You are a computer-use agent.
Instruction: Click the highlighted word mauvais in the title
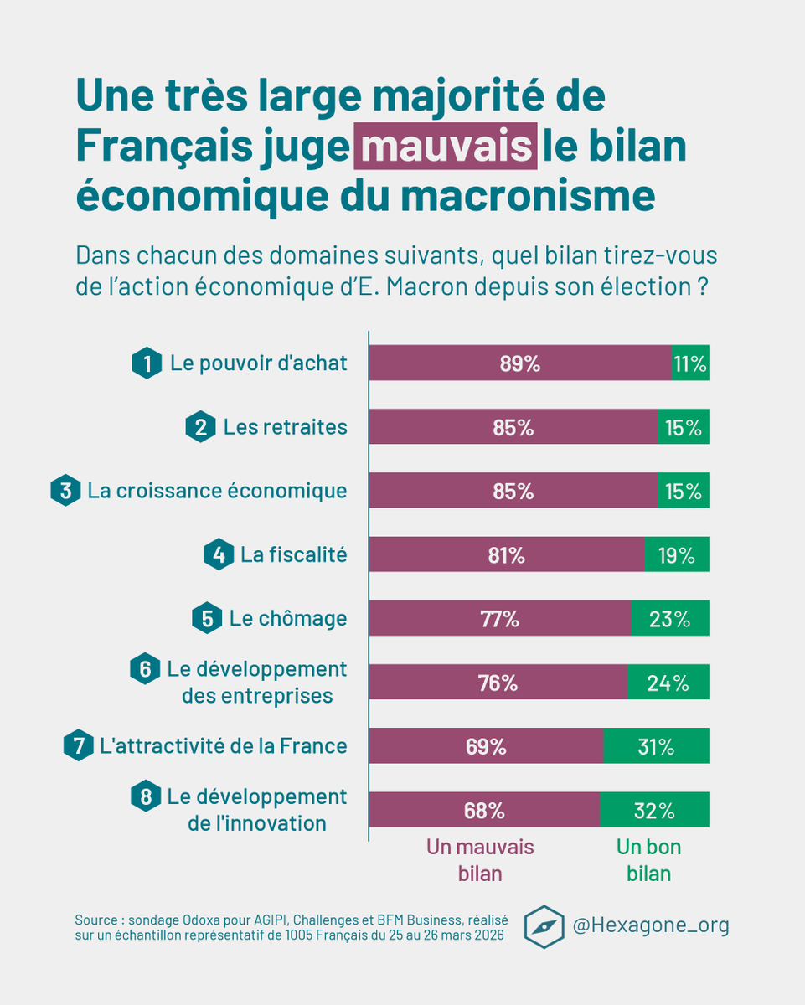pos(445,146)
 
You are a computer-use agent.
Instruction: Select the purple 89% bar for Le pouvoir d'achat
pos(520,363)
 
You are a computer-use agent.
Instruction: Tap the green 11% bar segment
pos(690,363)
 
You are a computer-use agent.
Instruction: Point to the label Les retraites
pos(285,427)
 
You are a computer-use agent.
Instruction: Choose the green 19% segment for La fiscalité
pos(677,554)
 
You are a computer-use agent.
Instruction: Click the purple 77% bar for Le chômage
pos(500,619)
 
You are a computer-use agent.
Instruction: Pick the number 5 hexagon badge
pos(206,619)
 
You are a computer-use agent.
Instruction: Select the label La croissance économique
pos(217,491)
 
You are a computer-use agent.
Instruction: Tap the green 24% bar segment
pos(668,683)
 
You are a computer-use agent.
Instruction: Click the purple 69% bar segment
pos(487,746)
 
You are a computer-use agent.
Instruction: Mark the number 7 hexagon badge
pos(79,746)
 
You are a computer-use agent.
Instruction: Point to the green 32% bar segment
pos(655,811)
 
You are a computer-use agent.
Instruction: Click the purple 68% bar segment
pos(485,811)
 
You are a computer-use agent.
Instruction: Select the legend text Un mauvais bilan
pos(480,859)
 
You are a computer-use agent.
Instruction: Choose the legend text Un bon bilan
pos(648,859)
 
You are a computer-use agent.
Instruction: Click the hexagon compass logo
pos(543,926)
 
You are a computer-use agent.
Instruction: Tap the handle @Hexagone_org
pos(650,925)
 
